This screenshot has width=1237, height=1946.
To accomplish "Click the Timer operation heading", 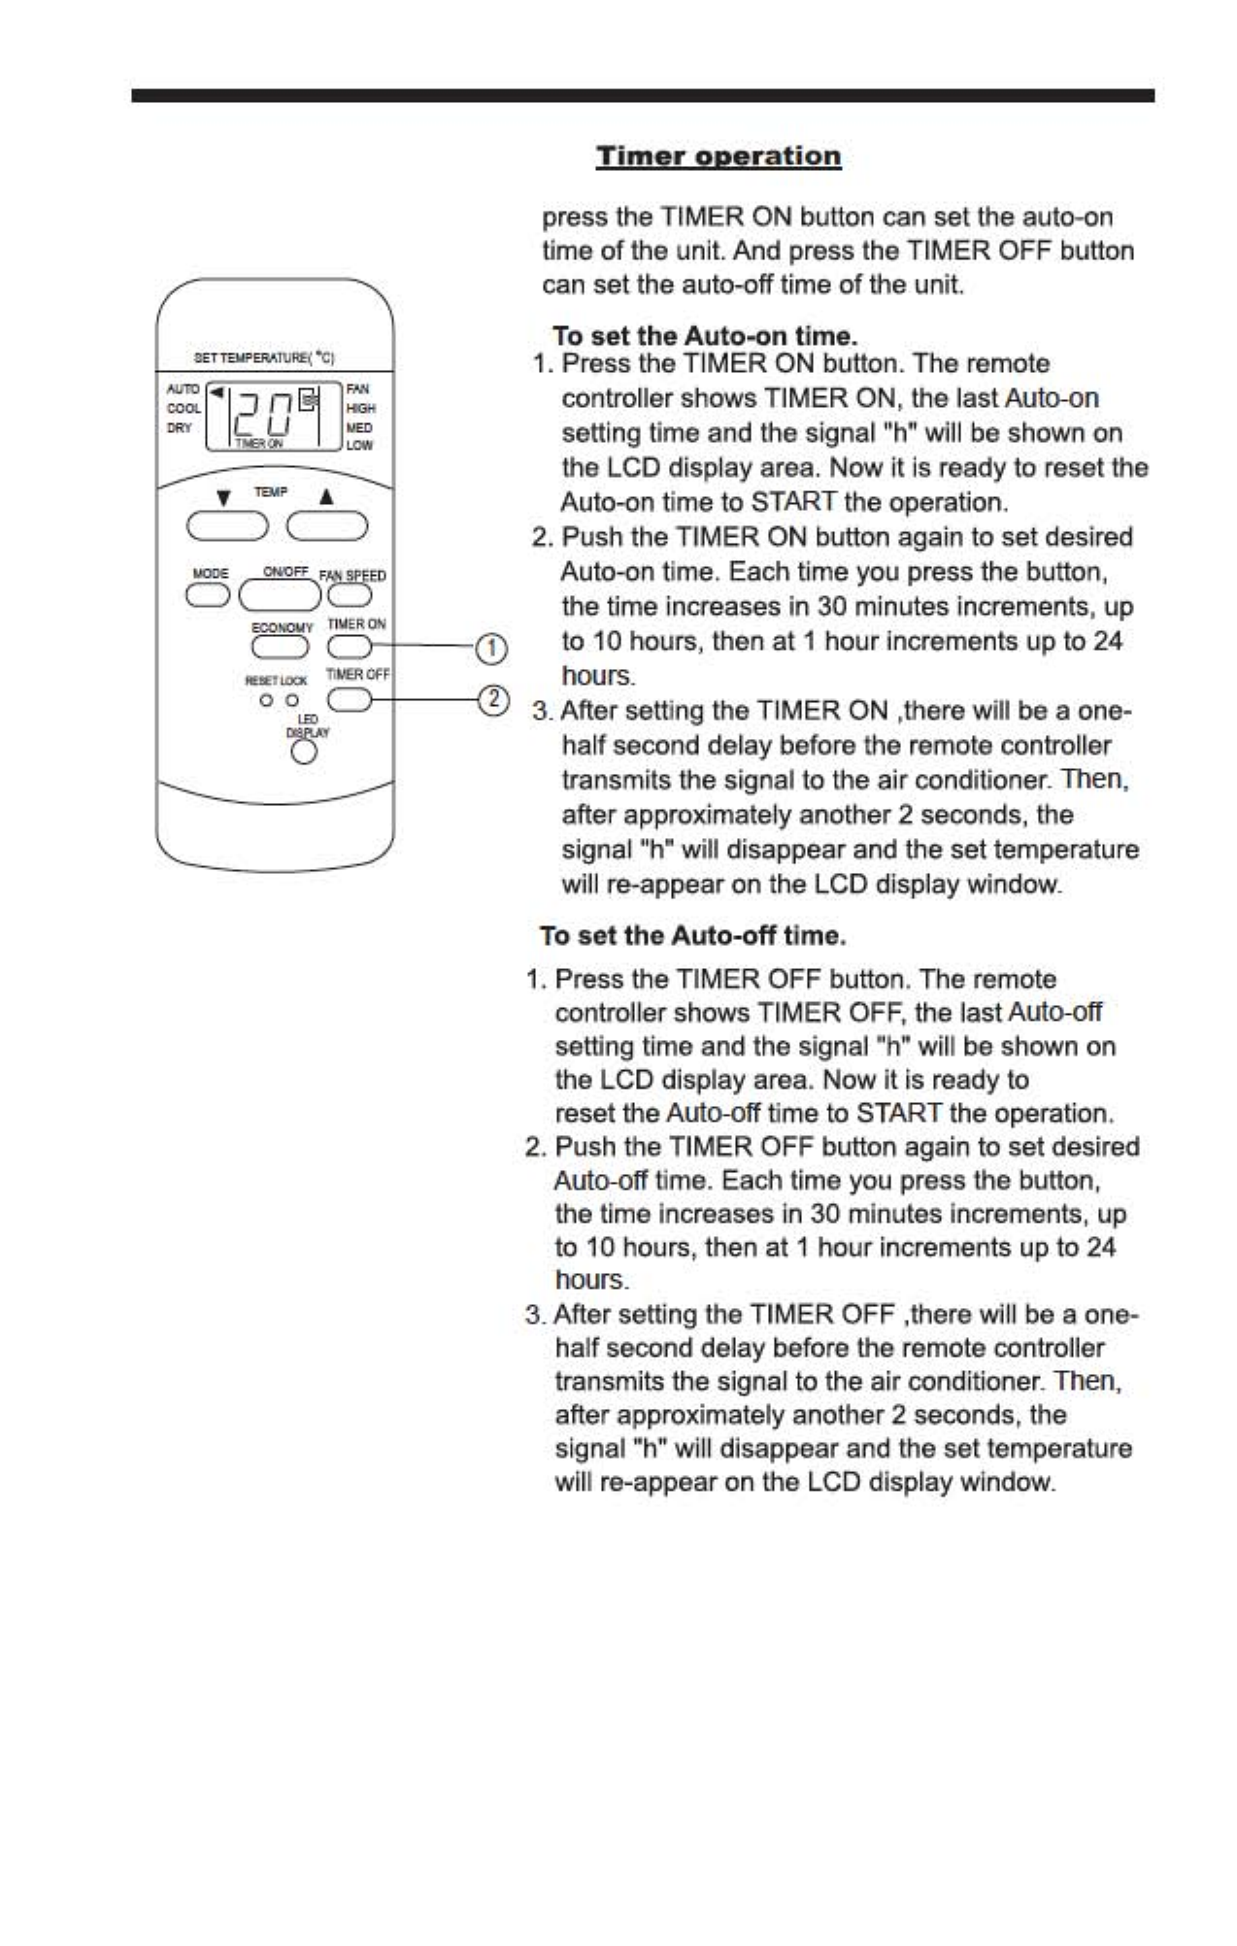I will pyautogui.click(x=719, y=156).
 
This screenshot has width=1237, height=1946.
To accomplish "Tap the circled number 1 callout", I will pyautogui.click(x=491, y=648).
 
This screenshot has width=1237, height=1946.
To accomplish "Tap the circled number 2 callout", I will pyautogui.click(x=493, y=699).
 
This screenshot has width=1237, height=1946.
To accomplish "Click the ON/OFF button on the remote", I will pyautogui.click(x=280, y=594).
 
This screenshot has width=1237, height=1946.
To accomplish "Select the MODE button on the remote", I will pyautogui.click(x=209, y=594).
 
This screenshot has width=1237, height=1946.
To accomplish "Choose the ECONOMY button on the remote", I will pyautogui.click(x=281, y=647).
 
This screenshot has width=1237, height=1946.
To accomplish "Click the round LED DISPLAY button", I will pyautogui.click(x=305, y=753).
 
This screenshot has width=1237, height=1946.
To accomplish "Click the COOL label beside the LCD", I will pyautogui.click(x=184, y=409).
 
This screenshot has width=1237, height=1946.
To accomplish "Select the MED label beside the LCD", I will pyautogui.click(x=359, y=427).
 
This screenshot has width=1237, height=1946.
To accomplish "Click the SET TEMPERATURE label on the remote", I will pyautogui.click(x=264, y=358).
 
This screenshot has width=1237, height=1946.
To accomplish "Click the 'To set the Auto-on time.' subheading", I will pyautogui.click(x=705, y=336).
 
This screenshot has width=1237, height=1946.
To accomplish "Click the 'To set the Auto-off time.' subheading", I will pyautogui.click(x=693, y=936).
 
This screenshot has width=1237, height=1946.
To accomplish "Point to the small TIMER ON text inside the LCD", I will pyautogui.click(x=258, y=444).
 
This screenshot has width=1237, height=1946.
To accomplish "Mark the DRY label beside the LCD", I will pyautogui.click(x=180, y=428).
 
